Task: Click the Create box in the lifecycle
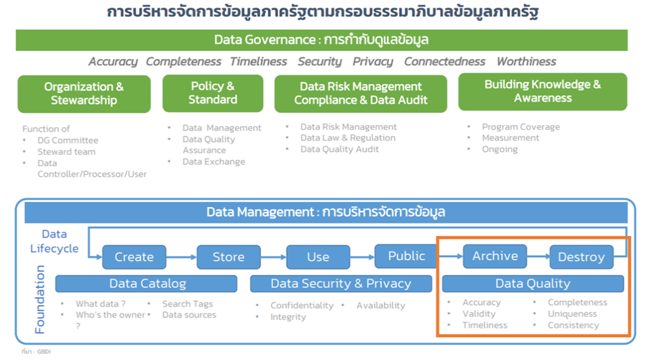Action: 134,257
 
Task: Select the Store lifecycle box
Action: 228,257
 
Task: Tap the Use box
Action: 318,257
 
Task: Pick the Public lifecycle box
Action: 406,256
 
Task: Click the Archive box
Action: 495,256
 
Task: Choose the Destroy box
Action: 581,257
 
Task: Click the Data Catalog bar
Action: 147,284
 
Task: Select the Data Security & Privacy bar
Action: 341,284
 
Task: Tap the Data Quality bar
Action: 533,284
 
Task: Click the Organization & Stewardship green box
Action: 84,93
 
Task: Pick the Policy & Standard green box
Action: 213,93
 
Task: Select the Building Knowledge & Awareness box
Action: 543,92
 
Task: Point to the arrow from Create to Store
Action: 181,257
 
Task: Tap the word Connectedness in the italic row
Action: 445,61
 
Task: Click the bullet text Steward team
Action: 66,152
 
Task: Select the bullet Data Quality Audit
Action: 340,149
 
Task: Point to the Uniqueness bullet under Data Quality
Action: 572,314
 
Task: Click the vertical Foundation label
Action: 40,299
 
